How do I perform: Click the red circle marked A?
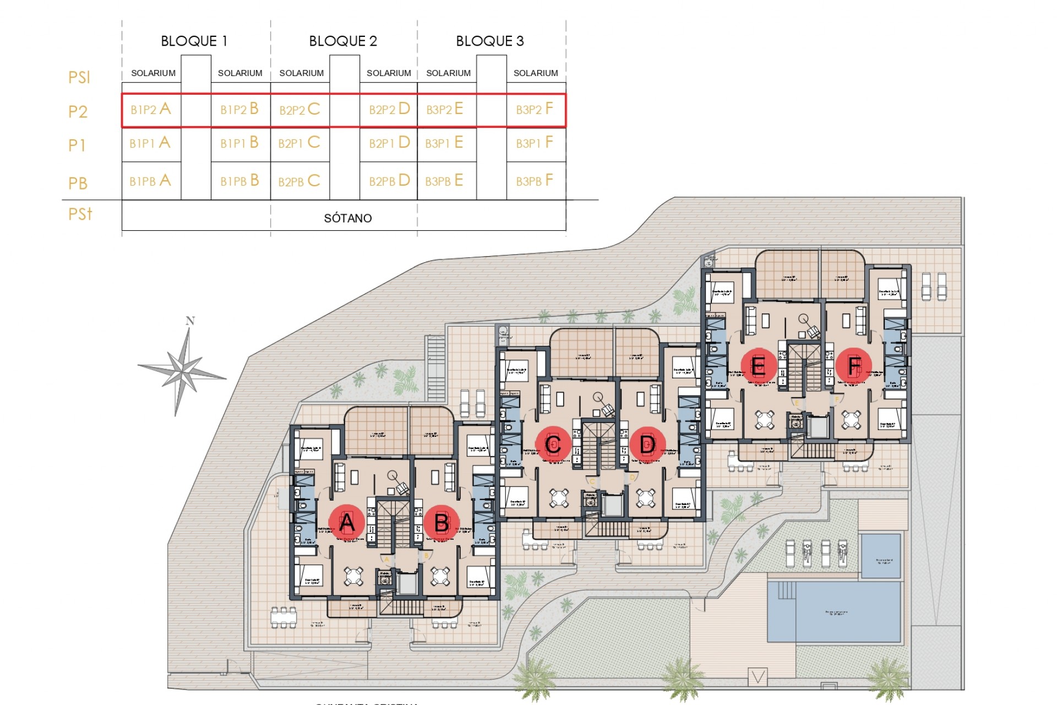[346, 522]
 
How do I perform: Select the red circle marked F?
[853, 365]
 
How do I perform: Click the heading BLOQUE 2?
[343, 41]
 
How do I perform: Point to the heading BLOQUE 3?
[489, 41]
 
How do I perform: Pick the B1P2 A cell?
[151, 110]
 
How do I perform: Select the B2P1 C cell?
[299, 143]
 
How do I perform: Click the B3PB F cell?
[535, 181]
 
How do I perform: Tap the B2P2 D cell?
[389, 110]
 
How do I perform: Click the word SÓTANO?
[347, 219]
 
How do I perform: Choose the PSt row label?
[80, 214]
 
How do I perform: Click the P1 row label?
[77, 145]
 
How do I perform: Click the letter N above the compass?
[190, 321]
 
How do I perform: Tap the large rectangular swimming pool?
[834, 611]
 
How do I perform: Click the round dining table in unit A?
[353, 576]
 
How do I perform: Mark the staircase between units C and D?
[599, 446]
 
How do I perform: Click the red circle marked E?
[758, 365]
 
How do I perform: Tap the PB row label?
[78, 183]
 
